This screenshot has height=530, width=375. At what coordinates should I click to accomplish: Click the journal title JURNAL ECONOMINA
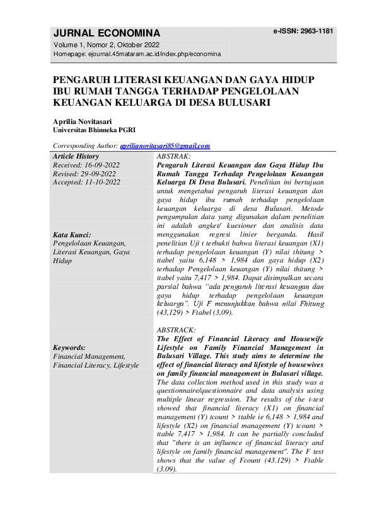pos(107,33)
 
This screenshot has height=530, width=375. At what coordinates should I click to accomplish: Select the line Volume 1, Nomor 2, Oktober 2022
pos(106,45)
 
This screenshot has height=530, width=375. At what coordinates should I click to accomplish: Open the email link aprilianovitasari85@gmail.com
pos(165,146)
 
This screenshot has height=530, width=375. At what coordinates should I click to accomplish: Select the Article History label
pos(76,156)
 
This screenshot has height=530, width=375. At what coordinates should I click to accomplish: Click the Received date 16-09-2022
pos(99,165)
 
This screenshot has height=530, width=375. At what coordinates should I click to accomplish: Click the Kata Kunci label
pos(72,234)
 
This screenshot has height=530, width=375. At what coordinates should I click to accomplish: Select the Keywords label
pos(69,347)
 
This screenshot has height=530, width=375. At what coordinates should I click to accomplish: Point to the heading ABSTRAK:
pos(173,155)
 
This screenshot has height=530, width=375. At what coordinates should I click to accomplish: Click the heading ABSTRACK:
pos(176,330)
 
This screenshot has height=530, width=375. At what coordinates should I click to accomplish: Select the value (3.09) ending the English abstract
pos(167,469)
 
